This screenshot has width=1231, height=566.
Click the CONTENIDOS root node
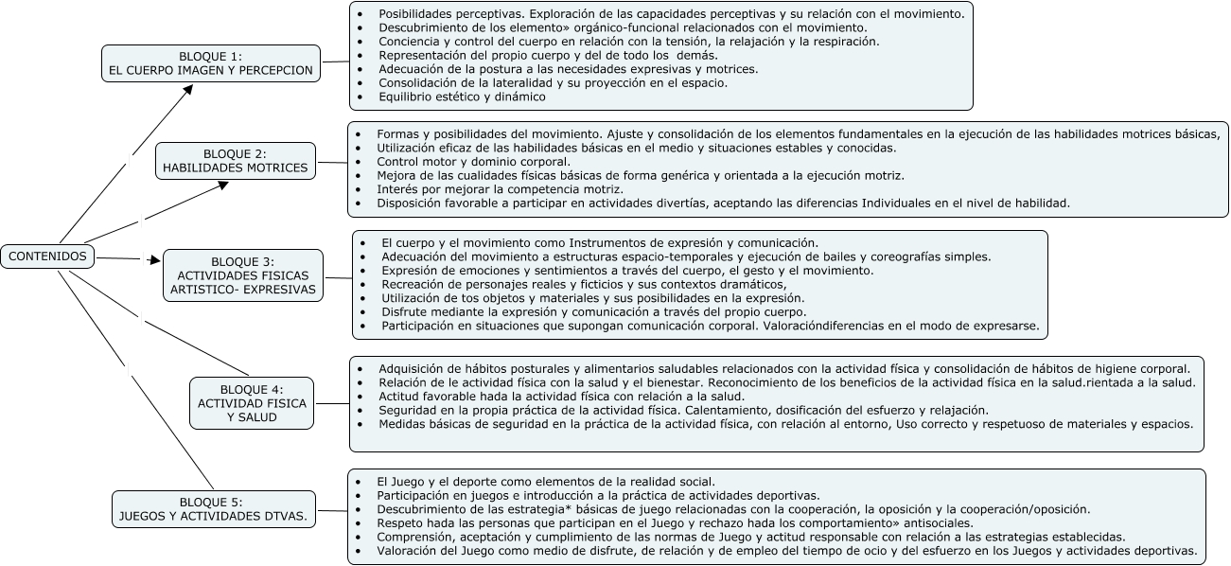click(x=47, y=256)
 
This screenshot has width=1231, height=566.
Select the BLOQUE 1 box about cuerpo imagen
click(x=210, y=62)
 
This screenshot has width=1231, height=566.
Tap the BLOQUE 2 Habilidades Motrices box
click(x=235, y=161)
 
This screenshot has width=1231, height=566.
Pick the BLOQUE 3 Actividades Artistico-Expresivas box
click(x=242, y=275)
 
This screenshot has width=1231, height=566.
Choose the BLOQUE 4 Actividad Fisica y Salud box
click(x=252, y=403)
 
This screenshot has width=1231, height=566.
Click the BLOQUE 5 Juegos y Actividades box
click(x=214, y=509)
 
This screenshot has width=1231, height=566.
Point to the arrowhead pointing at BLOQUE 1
click(x=188, y=90)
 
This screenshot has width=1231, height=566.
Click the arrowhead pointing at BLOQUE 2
click(x=223, y=185)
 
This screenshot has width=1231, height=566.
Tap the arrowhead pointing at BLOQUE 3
click(x=155, y=258)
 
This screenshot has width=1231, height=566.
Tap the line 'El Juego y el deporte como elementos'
click(x=546, y=481)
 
